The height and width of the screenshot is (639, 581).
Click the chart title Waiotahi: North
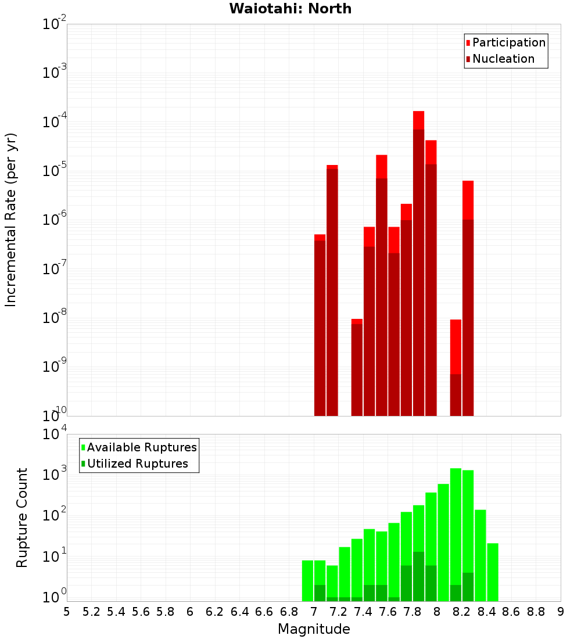tap(290, 9)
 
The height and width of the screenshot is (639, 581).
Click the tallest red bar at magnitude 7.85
tap(419, 261)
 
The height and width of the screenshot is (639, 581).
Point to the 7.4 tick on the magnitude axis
tap(363, 611)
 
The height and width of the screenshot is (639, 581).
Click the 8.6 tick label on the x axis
tap(511, 611)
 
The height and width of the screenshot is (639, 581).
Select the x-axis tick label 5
tap(67, 611)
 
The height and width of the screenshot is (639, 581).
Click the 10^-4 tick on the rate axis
tap(54, 122)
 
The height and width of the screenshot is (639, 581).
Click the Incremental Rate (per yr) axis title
tap(11, 220)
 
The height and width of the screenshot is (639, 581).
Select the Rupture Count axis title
tap(22, 518)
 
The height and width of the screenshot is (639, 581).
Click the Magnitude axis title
tap(314, 629)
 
